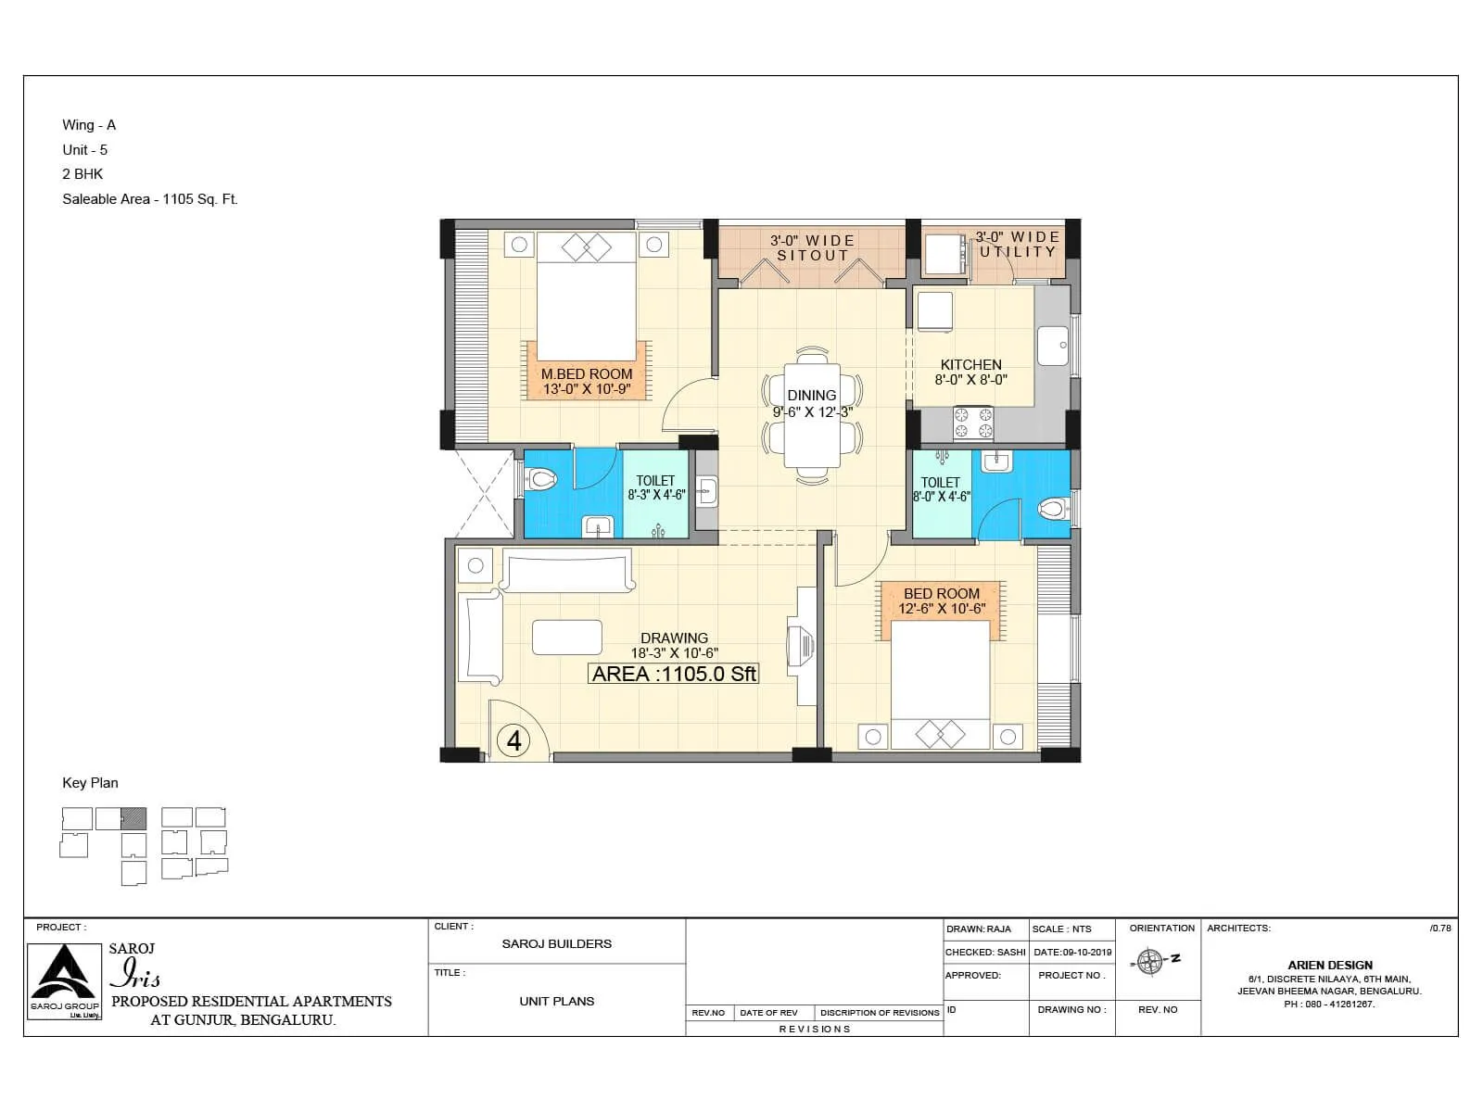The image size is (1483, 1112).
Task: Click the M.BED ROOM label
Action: pos(587,374)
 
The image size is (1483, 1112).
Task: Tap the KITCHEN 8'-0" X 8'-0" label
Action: pos(970,372)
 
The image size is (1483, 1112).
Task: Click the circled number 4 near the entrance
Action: pos(514,740)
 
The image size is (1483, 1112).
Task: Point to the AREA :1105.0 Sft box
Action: pos(674,675)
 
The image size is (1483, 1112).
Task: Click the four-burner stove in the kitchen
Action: pos(973,423)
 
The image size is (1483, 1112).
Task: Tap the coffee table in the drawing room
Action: pos(566,638)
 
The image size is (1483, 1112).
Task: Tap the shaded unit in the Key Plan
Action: pos(134,818)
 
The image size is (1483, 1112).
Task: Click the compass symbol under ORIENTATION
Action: pos(1150,962)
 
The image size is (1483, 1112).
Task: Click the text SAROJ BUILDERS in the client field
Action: pos(556,943)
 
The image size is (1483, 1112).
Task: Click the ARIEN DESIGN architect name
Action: pos(1329,965)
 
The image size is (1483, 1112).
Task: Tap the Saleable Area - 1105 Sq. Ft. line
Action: pos(150,199)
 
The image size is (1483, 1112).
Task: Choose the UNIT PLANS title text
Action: pos(556,1001)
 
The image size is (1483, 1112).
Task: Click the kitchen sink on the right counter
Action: pos(1052,346)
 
